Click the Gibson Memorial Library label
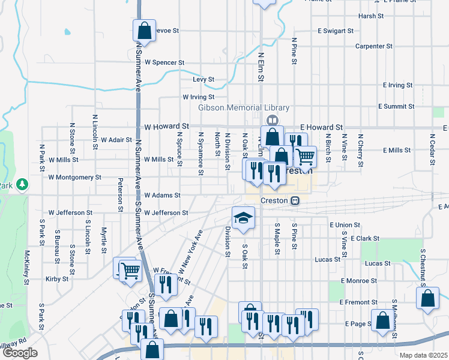coord(244,108)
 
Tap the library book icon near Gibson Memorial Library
coord(274,119)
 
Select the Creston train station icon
coord(295,200)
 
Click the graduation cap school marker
coord(244,217)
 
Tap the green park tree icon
coord(22,183)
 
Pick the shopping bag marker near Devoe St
coord(144,30)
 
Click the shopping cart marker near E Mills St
coord(305,157)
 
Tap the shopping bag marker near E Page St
coord(382,320)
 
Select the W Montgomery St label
coord(75,178)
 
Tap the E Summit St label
coord(396,106)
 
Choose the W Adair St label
coord(116,140)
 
